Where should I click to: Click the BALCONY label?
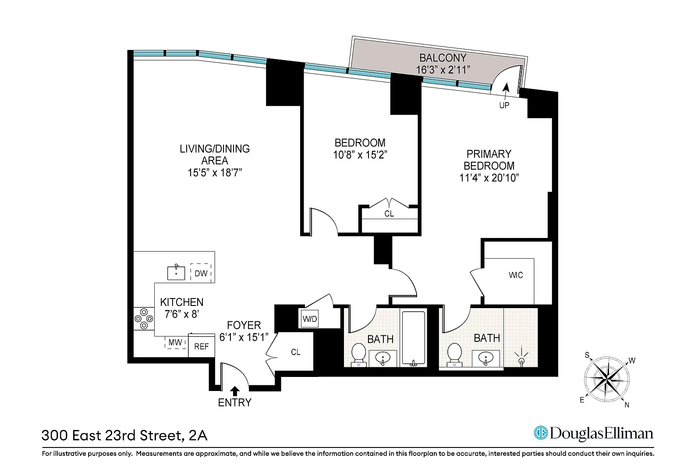443,57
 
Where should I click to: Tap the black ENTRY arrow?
235,391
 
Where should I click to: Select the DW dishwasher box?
201,273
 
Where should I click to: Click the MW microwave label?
175,342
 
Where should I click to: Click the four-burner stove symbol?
144,319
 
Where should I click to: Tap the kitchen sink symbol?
176,272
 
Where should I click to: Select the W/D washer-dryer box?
310,319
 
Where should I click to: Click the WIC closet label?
516,275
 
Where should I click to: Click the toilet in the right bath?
454,355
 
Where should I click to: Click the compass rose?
607,379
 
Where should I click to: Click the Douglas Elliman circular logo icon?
541,433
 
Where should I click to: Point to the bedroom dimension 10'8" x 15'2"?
360,155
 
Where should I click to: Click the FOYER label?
244,325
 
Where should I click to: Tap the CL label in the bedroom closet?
389,213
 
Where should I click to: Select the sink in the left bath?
383,358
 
